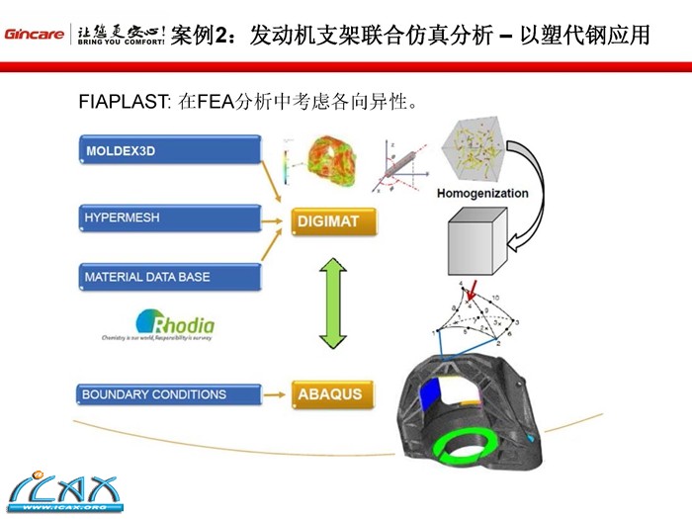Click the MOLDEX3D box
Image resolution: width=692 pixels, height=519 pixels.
(x=168, y=150)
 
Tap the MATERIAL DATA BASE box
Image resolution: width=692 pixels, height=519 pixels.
(x=168, y=278)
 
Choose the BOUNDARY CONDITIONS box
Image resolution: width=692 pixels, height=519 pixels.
(x=168, y=395)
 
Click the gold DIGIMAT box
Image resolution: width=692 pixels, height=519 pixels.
(x=335, y=221)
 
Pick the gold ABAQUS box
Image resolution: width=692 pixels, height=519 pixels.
(x=335, y=394)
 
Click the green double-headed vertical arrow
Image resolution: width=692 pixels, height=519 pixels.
(x=334, y=303)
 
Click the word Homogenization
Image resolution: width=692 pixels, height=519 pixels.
(x=482, y=193)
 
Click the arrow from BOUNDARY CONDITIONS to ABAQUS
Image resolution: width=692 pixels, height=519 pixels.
(x=276, y=394)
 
